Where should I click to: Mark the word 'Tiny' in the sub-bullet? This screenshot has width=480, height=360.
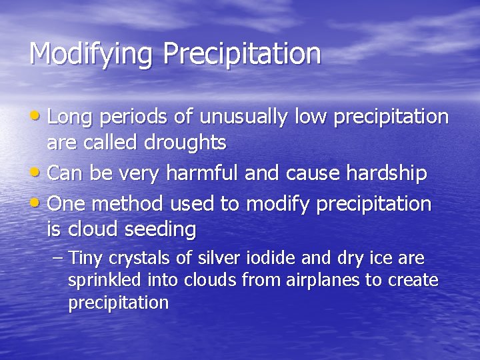[x=84, y=259]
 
